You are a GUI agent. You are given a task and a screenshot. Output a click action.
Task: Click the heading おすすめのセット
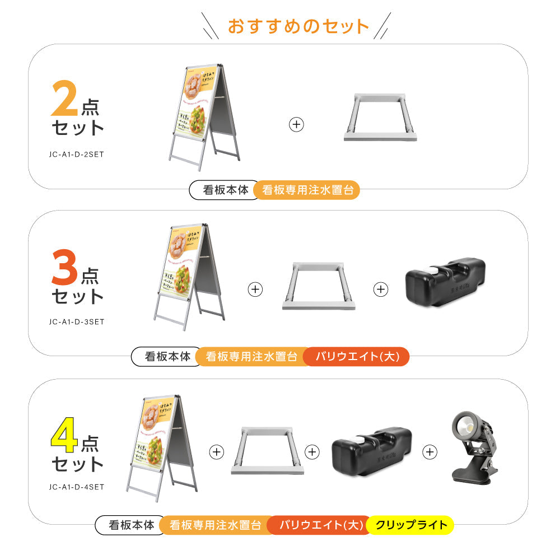[298, 26]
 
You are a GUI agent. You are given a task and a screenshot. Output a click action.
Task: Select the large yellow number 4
[65, 437]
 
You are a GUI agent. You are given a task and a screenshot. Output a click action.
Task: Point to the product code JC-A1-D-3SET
[76, 321]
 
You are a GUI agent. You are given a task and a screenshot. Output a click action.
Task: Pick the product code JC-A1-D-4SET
[76, 487]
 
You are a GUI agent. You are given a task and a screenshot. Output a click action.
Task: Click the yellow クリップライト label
[411, 525]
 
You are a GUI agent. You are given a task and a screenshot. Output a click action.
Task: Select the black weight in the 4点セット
[371, 451]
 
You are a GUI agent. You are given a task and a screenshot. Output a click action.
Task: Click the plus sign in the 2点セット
[296, 124]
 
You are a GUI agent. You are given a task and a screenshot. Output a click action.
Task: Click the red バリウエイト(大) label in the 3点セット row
[356, 357]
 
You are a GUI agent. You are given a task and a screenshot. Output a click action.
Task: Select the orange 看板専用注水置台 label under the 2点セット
[307, 190]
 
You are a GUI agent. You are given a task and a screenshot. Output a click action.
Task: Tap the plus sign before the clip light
[430, 451]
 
